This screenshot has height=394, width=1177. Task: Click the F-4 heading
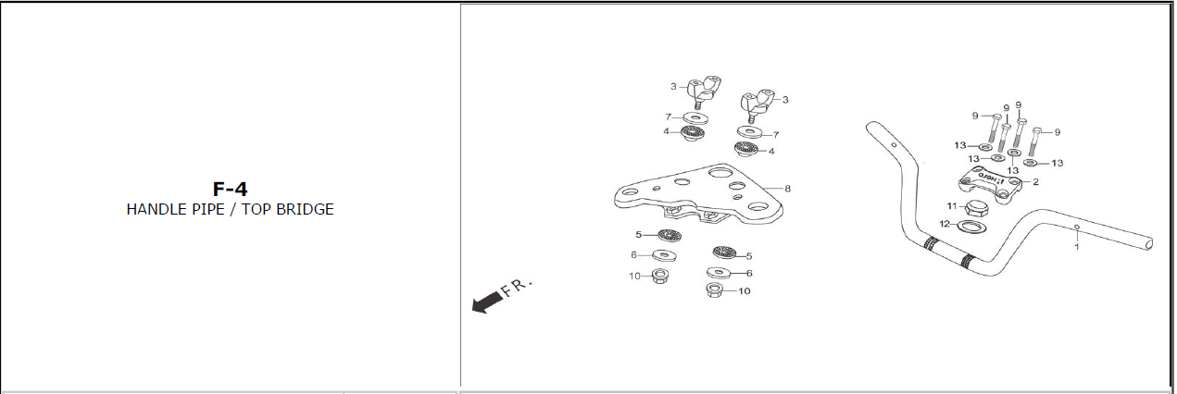click(x=231, y=189)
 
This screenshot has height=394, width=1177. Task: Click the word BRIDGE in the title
click(x=305, y=209)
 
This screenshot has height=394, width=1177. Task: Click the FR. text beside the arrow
click(x=517, y=287)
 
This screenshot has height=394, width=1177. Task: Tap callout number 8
click(x=787, y=189)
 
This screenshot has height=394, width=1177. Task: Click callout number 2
click(x=1035, y=182)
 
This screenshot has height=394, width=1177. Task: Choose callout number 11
click(x=952, y=205)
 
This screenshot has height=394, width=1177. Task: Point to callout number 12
click(x=945, y=224)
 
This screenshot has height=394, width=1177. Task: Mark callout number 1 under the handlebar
click(x=1077, y=247)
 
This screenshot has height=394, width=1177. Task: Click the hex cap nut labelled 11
click(x=976, y=208)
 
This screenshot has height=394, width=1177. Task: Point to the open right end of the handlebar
click(x=1148, y=243)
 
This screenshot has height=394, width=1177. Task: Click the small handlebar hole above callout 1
click(x=1076, y=227)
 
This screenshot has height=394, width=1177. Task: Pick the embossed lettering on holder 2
click(x=991, y=178)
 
